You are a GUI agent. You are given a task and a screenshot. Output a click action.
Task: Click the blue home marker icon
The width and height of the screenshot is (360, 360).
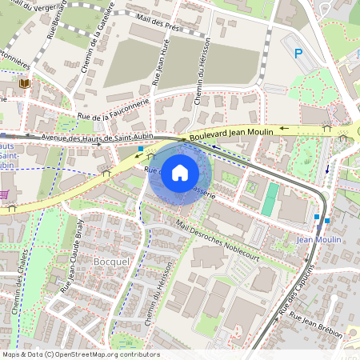(x=180, y=173)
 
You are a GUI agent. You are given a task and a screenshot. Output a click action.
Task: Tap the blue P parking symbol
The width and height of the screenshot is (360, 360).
(x=299, y=54)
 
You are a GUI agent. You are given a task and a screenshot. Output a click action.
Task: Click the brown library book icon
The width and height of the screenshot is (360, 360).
(x=24, y=82)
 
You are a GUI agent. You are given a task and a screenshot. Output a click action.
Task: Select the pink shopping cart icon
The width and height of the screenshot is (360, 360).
(x=3, y=194)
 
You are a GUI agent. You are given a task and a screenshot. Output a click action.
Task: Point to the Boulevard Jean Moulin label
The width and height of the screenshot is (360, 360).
(x=233, y=134)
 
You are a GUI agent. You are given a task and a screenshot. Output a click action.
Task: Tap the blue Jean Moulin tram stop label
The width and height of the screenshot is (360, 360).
(x=318, y=239)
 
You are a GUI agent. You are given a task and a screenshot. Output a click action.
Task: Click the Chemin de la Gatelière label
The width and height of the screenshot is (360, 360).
(x=96, y=38)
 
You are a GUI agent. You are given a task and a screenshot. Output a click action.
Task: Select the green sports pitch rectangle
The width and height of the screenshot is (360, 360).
(x=271, y=198)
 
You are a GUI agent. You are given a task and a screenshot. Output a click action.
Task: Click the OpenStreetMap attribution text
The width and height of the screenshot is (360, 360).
(x=80, y=354)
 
